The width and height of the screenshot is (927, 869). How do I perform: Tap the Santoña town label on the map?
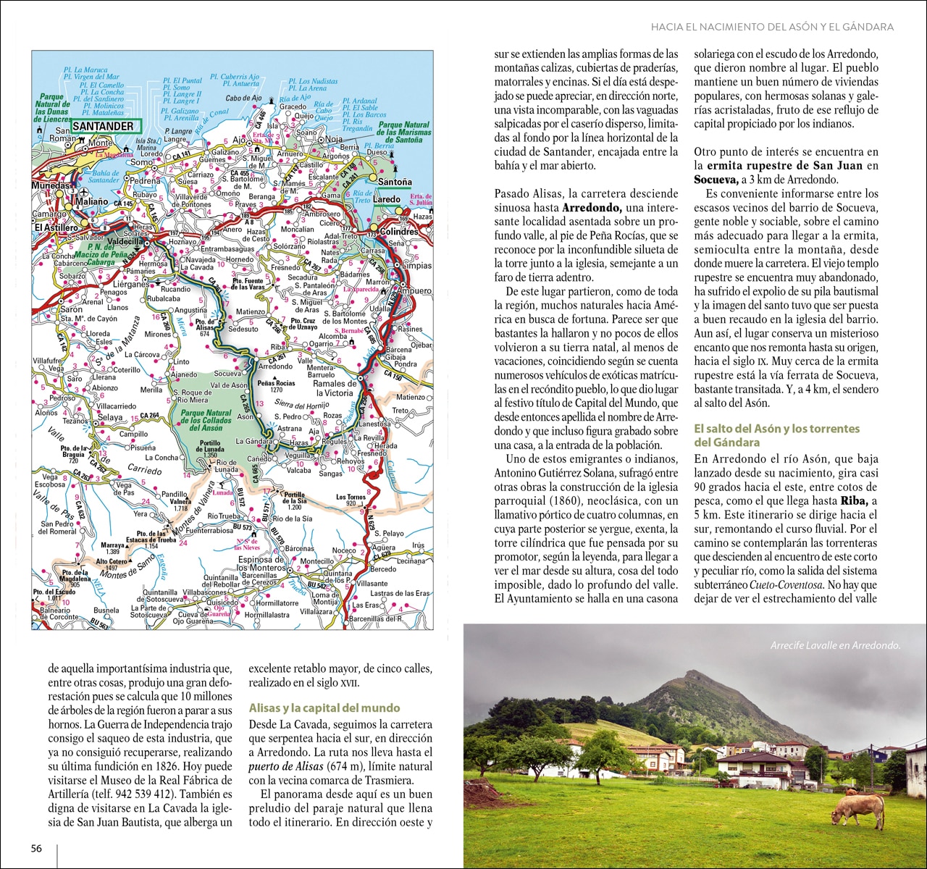(395, 182)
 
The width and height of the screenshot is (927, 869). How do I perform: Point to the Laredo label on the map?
(387, 199)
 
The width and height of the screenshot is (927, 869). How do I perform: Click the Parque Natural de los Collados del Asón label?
(206, 420)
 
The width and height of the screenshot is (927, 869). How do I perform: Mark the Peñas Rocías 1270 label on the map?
(276, 386)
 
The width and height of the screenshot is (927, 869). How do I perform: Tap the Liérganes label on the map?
(131, 285)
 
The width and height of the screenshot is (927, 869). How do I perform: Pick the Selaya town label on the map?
(110, 418)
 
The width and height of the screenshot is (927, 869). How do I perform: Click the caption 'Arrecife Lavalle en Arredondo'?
(835, 645)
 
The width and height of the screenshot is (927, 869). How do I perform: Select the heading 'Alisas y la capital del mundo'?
(324, 708)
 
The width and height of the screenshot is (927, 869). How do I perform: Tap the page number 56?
(37, 848)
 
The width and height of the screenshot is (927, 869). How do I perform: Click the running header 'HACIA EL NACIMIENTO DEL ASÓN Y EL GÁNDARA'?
(772, 27)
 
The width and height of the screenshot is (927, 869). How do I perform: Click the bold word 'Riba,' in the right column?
(853, 501)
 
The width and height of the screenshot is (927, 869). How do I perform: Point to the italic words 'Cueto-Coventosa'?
(786, 585)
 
